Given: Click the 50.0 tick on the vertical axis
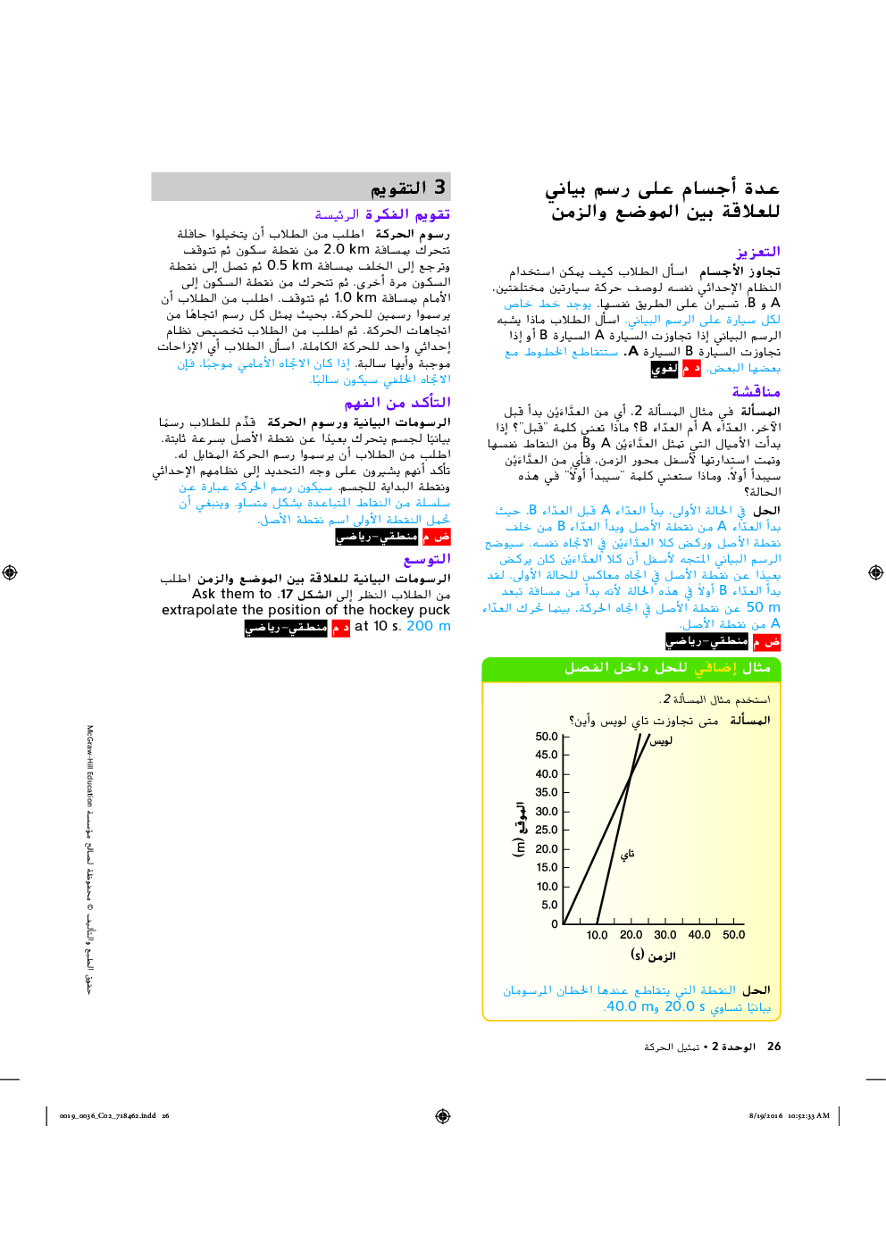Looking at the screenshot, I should coord(547,737).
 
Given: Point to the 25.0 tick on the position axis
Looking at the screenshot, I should coord(547,830).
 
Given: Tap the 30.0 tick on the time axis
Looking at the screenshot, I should coord(665,935).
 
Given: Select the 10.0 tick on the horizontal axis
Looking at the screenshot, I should coord(597,935).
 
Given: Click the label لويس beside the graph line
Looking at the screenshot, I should coord(661,741).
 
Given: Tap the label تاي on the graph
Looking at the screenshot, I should coord(628,854).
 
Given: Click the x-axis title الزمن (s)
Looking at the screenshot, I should coord(653,956).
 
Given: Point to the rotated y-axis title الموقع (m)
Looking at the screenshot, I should coord(519,830).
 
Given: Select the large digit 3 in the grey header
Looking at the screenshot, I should coord(439,188).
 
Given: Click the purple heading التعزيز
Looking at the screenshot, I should coord(758,252).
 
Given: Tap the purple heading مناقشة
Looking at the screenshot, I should coord(756,392).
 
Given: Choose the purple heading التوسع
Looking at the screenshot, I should coord(428,559).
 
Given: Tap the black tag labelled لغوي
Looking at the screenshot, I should coord(664,368).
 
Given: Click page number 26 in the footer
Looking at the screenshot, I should coord(773,1047).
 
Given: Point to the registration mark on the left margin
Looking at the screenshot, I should coord(10,572).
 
